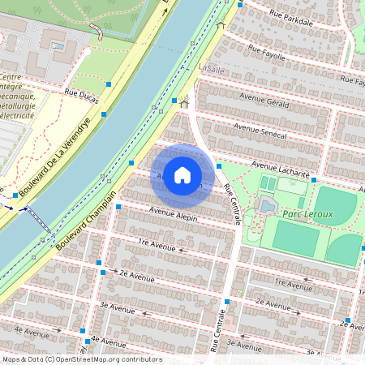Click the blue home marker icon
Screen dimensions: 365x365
click(x=182, y=175)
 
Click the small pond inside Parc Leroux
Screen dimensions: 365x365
click(x=266, y=208)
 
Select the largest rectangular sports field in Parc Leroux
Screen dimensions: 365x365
click(x=294, y=237)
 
